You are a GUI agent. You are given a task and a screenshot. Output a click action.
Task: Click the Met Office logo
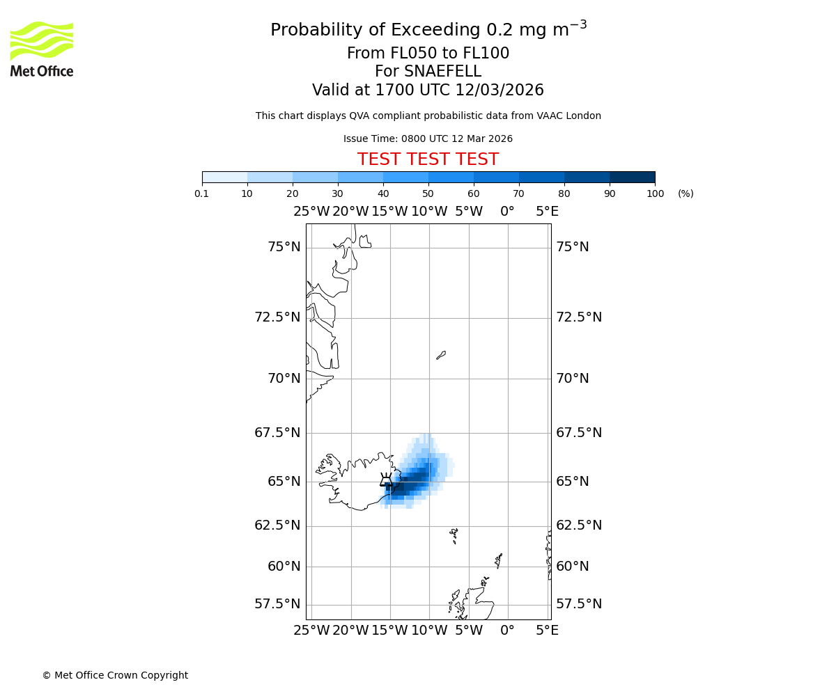coord(42,49)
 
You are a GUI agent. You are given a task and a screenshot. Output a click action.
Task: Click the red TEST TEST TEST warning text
coord(428,159)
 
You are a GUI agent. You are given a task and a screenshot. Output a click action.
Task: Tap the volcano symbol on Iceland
coord(385,480)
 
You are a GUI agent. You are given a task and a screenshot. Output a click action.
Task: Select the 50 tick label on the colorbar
coord(428,193)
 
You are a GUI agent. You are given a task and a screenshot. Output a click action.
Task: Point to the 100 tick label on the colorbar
coord(655,193)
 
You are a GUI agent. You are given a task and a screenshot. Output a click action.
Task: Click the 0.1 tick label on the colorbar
coord(202,193)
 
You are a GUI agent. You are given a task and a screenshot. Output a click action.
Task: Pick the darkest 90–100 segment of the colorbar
coord(632,177)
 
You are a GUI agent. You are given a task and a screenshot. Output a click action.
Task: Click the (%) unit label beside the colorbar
coord(686,193)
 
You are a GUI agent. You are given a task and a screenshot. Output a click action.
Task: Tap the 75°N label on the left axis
coord(284,247)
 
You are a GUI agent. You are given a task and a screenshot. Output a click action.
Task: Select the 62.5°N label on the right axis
coord(578,525)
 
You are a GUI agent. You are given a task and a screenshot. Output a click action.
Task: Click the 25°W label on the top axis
coord(311,212)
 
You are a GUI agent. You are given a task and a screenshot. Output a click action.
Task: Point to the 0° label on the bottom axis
coord(508,631)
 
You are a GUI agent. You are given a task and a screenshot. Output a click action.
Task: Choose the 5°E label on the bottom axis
coord(547,631)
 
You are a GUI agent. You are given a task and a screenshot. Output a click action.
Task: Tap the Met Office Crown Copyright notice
coord(115,675)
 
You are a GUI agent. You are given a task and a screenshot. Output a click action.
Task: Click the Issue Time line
coord(428,139)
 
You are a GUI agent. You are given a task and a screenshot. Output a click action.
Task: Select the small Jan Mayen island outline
coord(440,355)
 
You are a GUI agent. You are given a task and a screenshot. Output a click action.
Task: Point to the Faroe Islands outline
coord(454,535)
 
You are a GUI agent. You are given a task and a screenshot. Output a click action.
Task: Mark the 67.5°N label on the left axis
coord(277,433)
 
